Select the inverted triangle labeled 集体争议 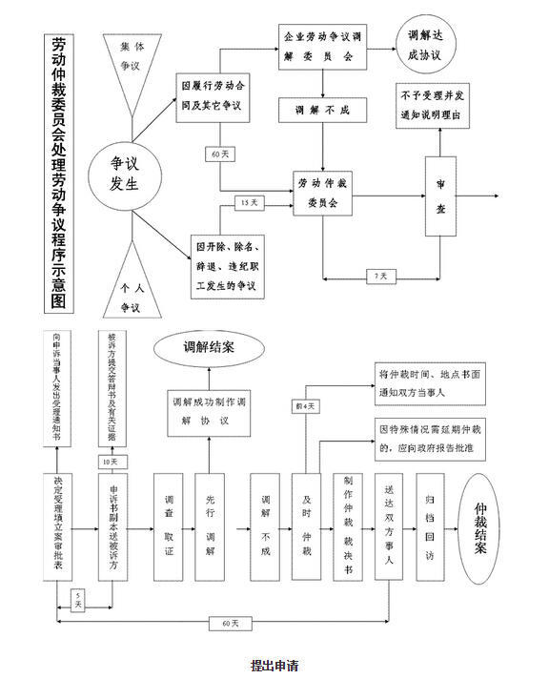[129, 59]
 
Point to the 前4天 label [305, 407]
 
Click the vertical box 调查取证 [169, 525]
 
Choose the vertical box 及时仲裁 [306, 525]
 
